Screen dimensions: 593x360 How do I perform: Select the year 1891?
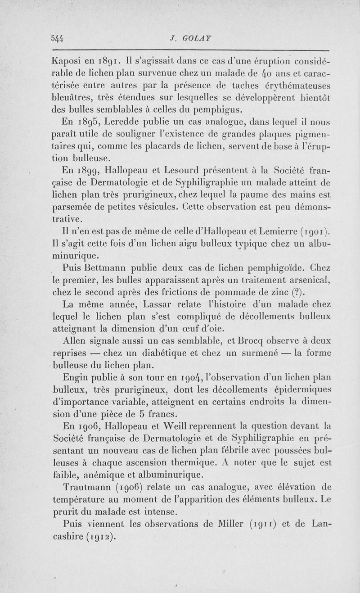tap(108, 60)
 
